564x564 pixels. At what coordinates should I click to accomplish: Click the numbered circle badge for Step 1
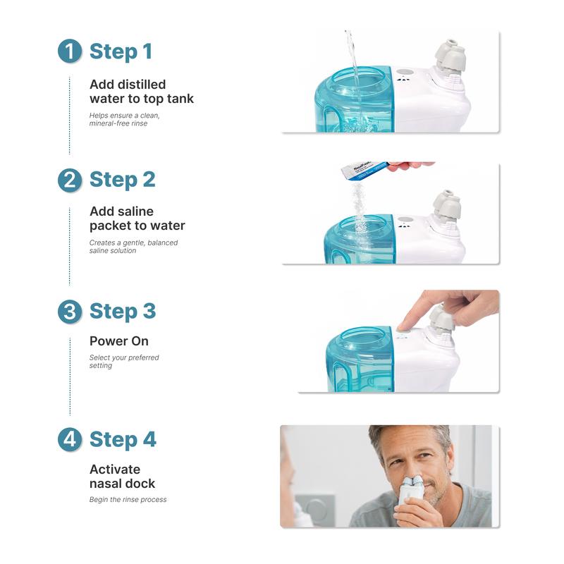(x=69, y=51)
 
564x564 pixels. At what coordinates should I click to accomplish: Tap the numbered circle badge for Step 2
(x=69, y=180)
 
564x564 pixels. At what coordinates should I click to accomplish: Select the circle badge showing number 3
(x=69, y=312)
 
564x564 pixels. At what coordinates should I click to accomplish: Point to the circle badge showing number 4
(x=69, y=439)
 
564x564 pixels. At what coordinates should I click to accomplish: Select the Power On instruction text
(x=119, y=341)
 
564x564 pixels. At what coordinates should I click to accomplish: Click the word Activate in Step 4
(x=115, y=469)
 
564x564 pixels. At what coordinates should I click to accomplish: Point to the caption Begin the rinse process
(x=128, y=499)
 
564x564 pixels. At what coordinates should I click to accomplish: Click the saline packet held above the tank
(x=364, y=170)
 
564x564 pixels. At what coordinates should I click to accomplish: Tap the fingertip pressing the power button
(x=402, y=325)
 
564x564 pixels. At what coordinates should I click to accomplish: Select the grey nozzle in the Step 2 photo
(x=447, y=206)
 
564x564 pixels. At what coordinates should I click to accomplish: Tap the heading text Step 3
(x=123, y=311)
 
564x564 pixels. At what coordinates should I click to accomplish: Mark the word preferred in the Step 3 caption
(x=143, y=357)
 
